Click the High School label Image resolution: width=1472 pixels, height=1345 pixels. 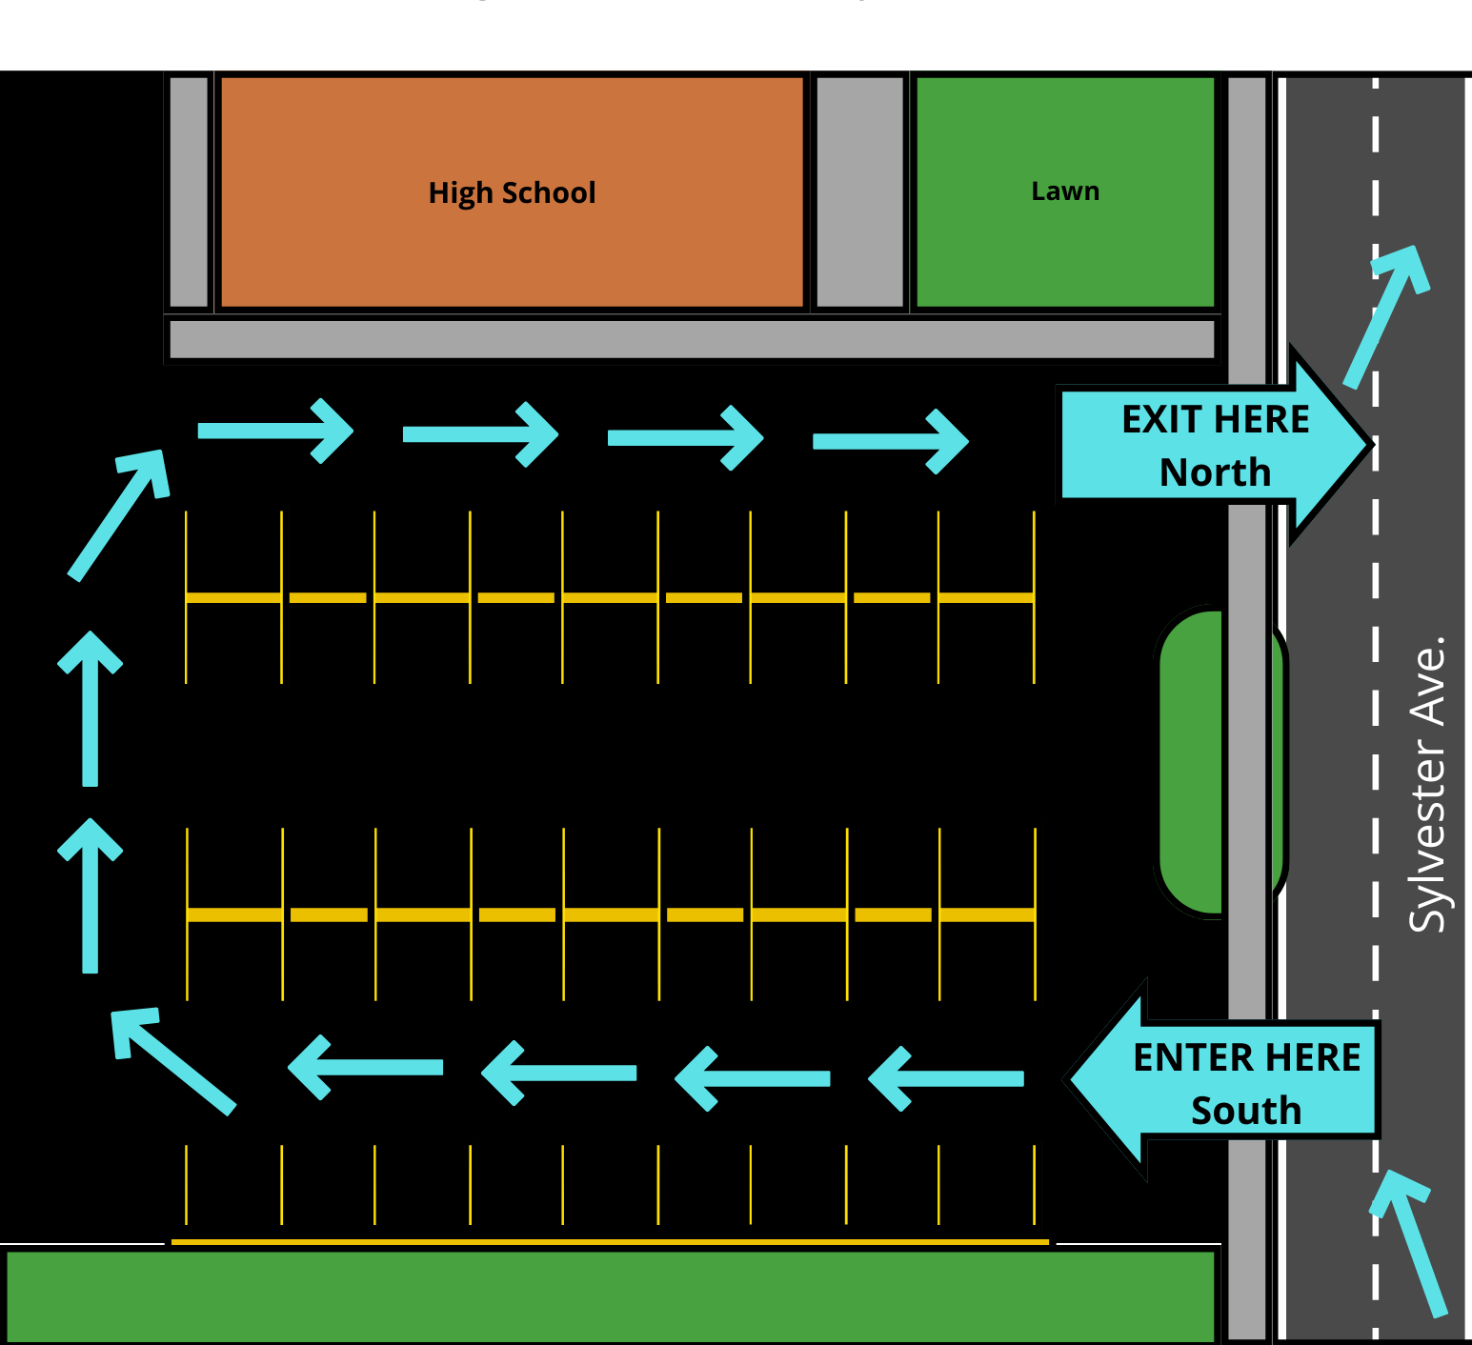512,192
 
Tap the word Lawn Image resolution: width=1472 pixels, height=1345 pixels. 1065,191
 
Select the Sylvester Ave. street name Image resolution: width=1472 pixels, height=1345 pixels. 1426,783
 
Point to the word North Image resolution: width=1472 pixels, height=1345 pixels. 1215,472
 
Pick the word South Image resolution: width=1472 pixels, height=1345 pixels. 1246,1111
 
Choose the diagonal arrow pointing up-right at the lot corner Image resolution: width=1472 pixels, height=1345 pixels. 119,514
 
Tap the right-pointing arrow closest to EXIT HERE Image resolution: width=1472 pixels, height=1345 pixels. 890,441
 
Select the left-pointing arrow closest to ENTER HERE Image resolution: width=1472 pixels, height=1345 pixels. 946,1078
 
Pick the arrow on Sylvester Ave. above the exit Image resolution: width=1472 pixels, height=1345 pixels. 1386,316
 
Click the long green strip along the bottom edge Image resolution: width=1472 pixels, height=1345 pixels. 610,1295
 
